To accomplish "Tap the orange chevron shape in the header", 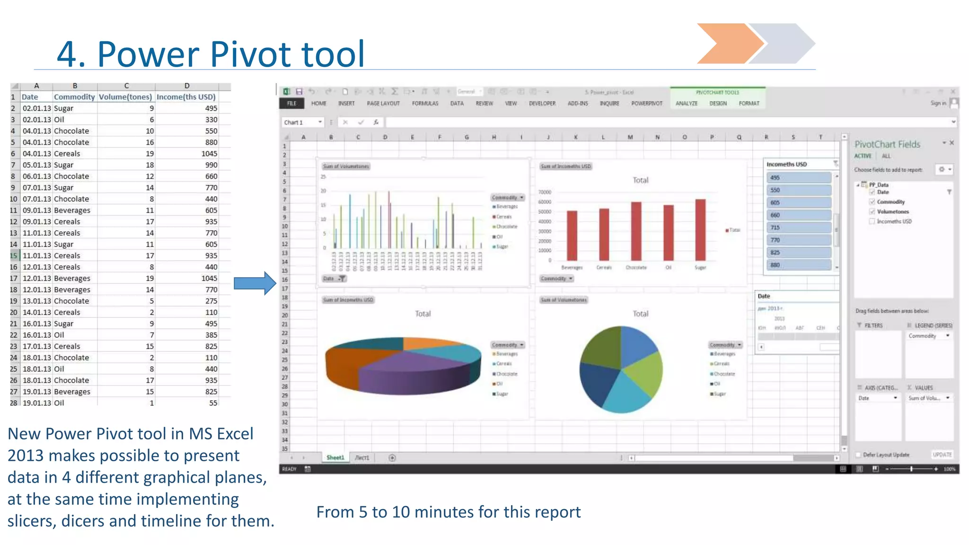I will coord(727,44).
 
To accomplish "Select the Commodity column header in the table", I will coord(74,97).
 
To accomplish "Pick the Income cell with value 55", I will coord(213,403).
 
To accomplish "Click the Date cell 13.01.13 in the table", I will coord(36,301).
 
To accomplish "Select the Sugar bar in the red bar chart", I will coord(700,230).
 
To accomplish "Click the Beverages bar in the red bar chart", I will coord(572,236).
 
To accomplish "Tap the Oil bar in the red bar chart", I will coord(668,233).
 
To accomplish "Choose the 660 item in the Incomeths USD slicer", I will coord(798,215).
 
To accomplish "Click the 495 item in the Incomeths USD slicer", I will coord(798,178).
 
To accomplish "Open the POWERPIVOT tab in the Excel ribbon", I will coord(646,104).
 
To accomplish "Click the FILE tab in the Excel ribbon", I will coord(291,104).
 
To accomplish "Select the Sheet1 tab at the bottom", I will coord(335,457).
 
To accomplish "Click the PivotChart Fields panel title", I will coord(887,144).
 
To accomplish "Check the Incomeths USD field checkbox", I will coord(872,221).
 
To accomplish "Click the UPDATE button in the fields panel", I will coord(942,455).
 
